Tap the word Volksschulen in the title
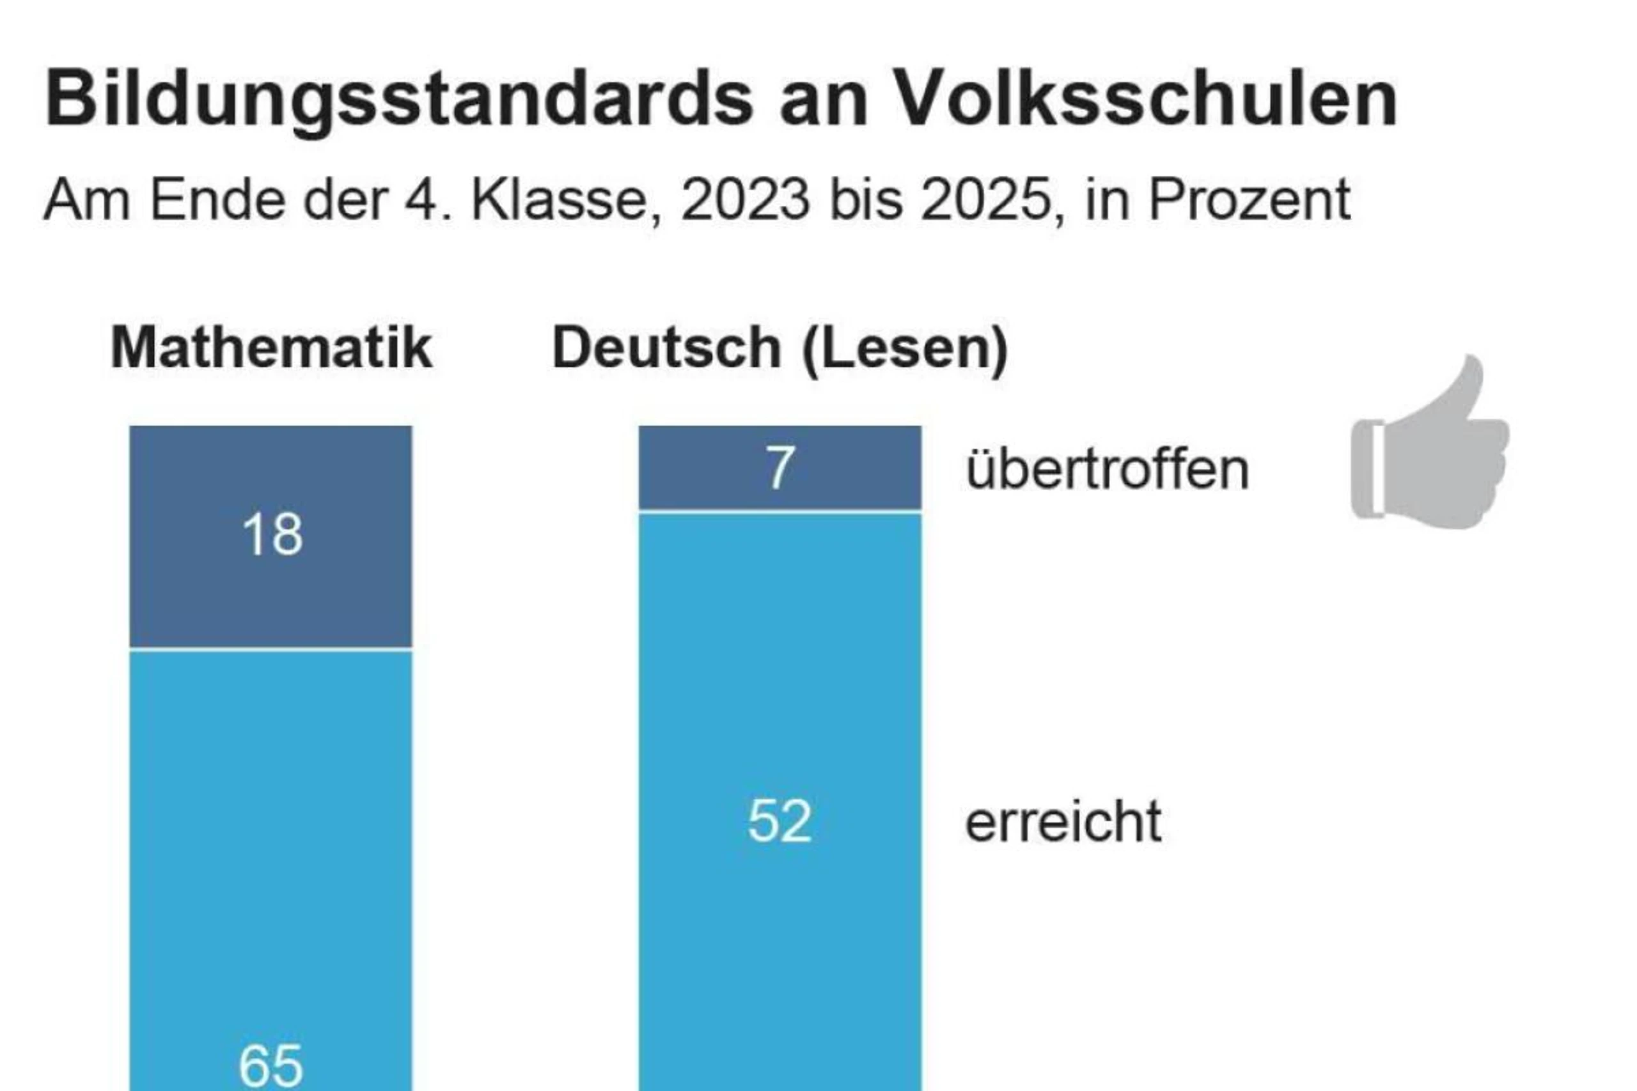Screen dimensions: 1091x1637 [x=1145, y=99]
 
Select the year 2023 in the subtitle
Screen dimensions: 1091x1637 [x=746, y=201]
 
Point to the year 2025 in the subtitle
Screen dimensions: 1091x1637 [x=985, y=201]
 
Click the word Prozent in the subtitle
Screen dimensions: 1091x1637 [x=1249, y=201]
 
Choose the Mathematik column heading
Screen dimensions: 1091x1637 [x=271, y=347]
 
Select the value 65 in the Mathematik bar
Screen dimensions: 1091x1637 [x=270, y=1065]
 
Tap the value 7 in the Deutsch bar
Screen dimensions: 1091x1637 [x=779, y=468]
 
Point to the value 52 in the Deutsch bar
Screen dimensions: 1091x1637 [x=779, y=821]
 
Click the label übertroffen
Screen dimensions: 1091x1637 [x=1108, y=470]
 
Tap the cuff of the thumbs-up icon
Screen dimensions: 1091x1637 [x=1367, y=470]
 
